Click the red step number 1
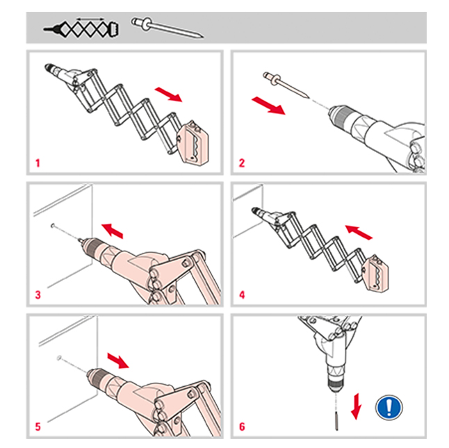pos(38,163)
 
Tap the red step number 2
pos(242,163)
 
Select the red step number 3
pos(38,295)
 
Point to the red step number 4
pos(242,295)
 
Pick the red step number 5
pos(38,426)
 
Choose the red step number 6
pos(242,426)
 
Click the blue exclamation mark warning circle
pos(389,408)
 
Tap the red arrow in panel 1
pos(168,94)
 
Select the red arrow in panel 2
pos(268,106)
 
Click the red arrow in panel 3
pos(113,231)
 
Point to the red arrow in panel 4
pos(359,232)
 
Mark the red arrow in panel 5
pos(118,360)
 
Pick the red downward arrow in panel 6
pos(356,406)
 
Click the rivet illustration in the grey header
pos(168,28)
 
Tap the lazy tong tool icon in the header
pos(81,29)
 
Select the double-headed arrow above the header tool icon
pos(90,19)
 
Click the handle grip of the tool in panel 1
pos(193,142)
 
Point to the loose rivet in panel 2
pos(286,85)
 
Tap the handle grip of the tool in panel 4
pos(375,273)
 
